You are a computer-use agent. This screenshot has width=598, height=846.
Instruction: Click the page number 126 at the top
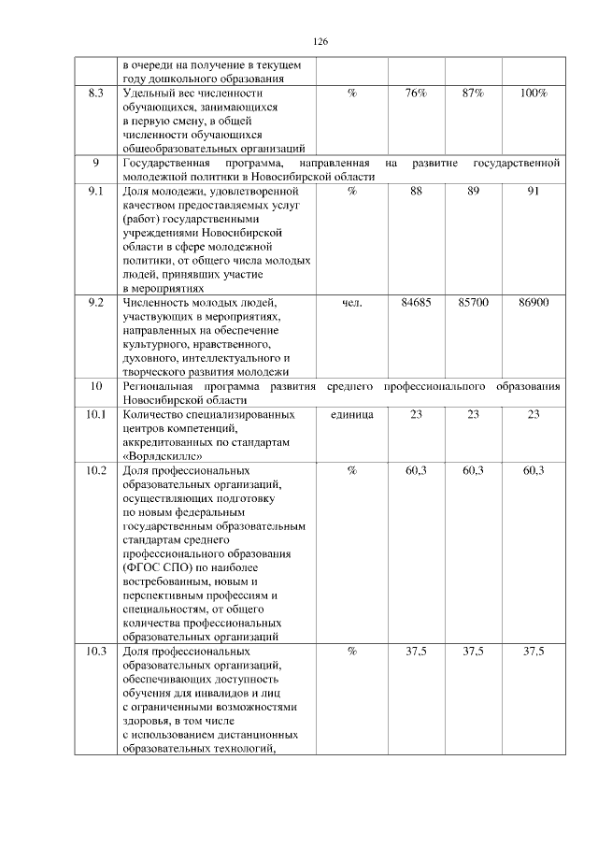(x=320, y=42)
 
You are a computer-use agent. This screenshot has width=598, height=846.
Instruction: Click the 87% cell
(x=473, y=93)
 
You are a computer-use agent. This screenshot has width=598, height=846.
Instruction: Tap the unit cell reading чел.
(x=351, y=303)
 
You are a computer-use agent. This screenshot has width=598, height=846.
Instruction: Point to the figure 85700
(x=473, y=303)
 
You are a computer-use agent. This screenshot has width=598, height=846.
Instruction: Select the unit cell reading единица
(x=351, y=414)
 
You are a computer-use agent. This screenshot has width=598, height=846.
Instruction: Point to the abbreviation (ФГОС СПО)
(x=160, y=567)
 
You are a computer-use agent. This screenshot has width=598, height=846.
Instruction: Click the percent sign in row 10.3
(x=351, y=652)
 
